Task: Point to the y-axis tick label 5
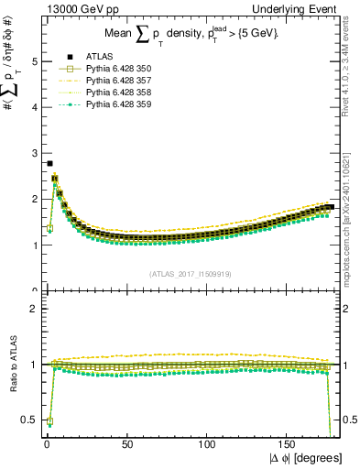tap(35, 61)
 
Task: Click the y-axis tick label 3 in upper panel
tap(35, 153)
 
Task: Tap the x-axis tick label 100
tap(207, 444)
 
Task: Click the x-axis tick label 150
tap(289, 444)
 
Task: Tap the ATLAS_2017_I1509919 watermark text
tap(191, 273)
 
